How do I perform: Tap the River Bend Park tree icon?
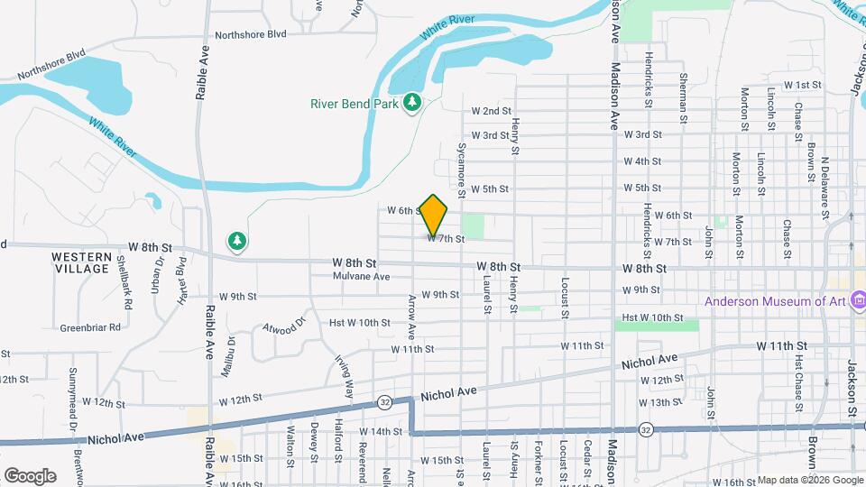[x=413, y=104]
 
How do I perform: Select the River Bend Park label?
[x=355, y=104]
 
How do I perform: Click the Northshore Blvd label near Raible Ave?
[x=244, y=33]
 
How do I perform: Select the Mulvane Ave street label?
[x=361, y=277]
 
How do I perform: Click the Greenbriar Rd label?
[x=90, y=327]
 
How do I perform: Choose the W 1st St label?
[x=804, y=85]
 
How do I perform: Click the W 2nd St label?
[x=492, y=111]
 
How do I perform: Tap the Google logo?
[x=30, y=475]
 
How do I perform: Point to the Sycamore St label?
[x=461, y=168]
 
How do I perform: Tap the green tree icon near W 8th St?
[x=237, y=241]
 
